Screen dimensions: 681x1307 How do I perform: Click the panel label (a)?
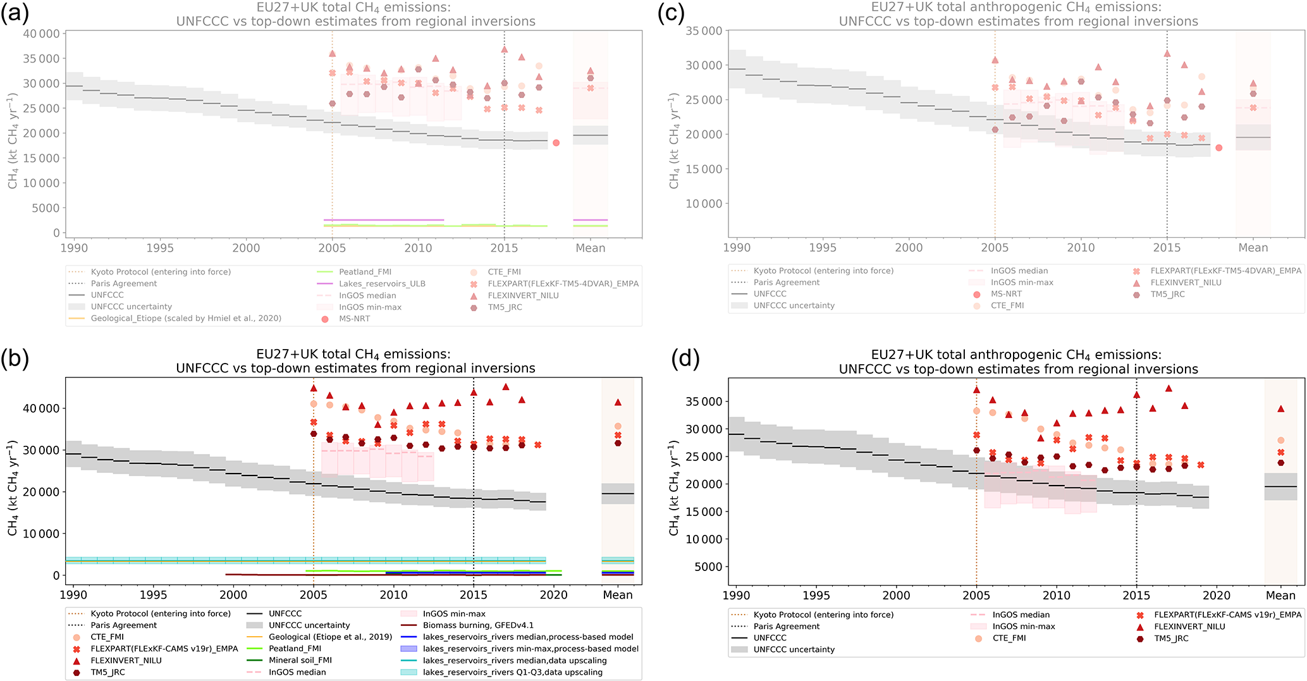coord(14,13)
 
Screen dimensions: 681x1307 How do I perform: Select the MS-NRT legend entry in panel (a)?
coord(354,319)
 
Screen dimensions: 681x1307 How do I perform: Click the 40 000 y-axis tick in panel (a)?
coord(41,34)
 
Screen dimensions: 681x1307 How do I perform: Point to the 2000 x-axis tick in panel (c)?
coord(909,248)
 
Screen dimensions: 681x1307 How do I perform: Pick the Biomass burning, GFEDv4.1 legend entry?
coord(478,625)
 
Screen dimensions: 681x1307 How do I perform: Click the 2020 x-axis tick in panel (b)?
coord(553,595)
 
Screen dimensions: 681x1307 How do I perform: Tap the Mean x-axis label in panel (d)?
coord(1280,596)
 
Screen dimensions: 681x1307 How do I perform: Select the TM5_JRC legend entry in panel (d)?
coord(1171,639)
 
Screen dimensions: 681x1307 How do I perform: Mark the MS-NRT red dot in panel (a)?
coord(556,143)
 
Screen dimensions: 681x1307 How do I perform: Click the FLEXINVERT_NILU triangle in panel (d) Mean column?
coord(1280,409)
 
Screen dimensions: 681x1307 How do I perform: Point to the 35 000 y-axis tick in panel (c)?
coord(704,31)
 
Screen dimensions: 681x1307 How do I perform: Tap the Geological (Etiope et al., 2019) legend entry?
coord(330,637)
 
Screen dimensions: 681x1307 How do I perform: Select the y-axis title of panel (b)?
coord(12,488)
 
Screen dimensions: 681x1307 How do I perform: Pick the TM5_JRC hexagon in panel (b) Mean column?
coord(618,443)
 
